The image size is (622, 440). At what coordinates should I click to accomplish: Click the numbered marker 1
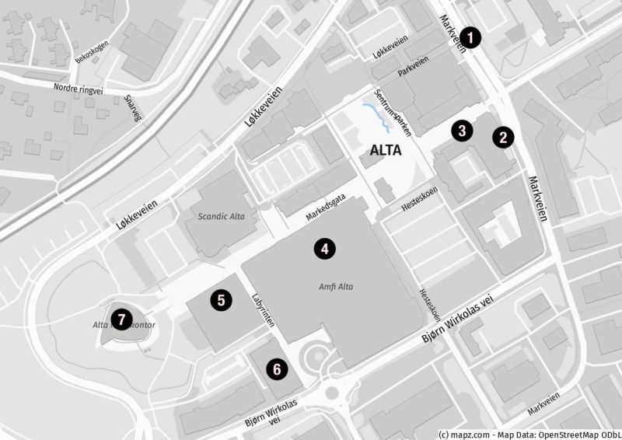point(470,36)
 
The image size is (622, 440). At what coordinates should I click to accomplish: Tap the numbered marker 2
point(504,138)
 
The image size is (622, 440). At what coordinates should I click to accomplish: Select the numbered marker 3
point(462,130)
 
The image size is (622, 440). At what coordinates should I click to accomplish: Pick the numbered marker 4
point(324,249)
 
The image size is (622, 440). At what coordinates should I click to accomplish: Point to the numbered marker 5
point(221,299)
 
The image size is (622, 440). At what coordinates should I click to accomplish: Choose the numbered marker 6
point(277,368)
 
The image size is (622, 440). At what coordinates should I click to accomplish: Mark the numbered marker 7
point(121,318)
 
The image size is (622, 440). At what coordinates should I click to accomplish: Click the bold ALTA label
point(386,151)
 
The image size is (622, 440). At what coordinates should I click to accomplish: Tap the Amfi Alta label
point(336,287)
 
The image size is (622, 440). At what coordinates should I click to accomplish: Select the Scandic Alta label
point(222,216)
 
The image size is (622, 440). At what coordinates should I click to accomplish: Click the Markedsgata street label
point(324,205)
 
